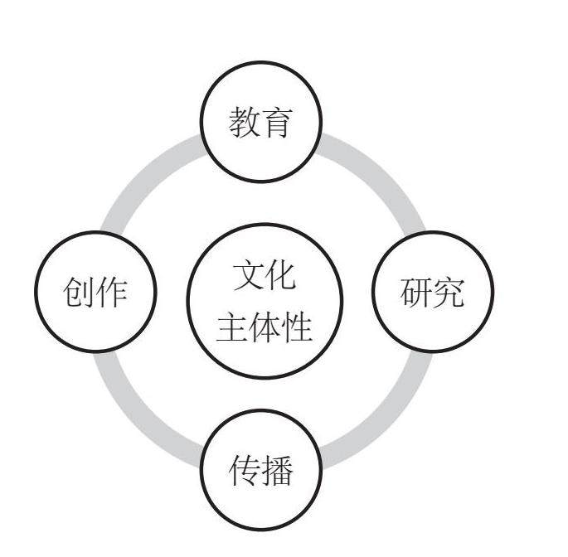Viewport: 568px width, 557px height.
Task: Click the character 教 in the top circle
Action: point(245,123)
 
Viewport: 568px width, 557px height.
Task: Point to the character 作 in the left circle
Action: point(112,293)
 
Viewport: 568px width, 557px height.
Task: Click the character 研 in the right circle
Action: point(416,293)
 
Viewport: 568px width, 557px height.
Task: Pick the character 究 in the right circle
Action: point(449,293)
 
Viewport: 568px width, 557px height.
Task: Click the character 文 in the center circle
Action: point(249,275)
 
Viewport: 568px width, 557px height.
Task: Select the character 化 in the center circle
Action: point(281,275)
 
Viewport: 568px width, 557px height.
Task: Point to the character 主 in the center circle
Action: point(232,327)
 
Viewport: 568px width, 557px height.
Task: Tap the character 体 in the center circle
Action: point(265,327)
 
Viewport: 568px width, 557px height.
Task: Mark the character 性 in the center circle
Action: point(297,327)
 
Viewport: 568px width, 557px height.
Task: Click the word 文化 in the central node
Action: point(265,275)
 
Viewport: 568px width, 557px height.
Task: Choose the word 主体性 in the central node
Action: point(265,327)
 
